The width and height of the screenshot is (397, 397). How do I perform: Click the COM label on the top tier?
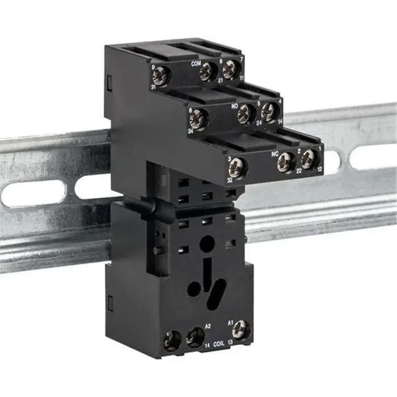[x=197, y=63]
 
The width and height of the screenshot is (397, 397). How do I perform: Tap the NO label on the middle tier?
[x=232, y=105]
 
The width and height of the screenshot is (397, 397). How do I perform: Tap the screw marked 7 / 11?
[x=229, y=70]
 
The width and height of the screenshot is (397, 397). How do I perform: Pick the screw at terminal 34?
[x=197, y=119]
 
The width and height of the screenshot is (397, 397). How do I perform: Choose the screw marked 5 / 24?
[x=246, y=114]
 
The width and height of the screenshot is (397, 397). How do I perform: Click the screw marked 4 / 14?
[x=268, y=112]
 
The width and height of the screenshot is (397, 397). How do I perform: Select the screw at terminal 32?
[x=236, y=168]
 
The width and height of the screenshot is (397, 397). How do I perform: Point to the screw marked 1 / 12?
[x=307, y=161]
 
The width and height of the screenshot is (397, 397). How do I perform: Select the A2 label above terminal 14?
[x=208, y=326]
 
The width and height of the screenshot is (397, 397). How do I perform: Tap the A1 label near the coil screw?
[x=231, y=322]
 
